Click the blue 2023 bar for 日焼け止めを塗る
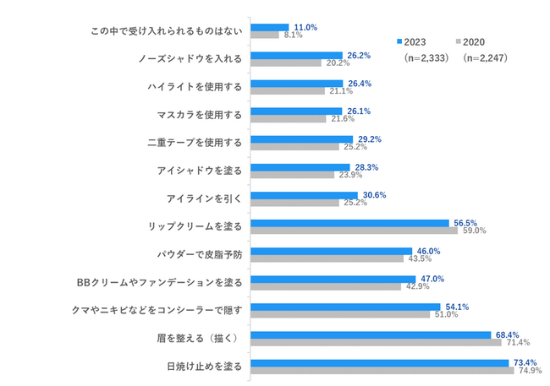point(380,363)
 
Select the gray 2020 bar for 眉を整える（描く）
point(376,343)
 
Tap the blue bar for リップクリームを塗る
point(349,223)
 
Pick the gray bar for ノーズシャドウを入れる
point(286,63)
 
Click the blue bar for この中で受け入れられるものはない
point(270,27)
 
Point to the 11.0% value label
point(305,27)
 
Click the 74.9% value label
point(531,371)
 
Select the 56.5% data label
point(465,223)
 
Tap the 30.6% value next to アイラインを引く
point(374,195)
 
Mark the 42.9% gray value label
point(417,286)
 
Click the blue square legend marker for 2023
point(399,41)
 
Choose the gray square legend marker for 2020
point(458,41)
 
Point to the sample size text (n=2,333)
point(426,57)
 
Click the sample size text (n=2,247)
point(485,57)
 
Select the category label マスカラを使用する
point(199,115)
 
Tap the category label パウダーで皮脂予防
point(199,254)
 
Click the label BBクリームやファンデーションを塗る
point(159,282)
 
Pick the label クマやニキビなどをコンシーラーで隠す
point(157,310)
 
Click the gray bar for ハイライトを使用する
point(288,91)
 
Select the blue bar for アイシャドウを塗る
point(300,167)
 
